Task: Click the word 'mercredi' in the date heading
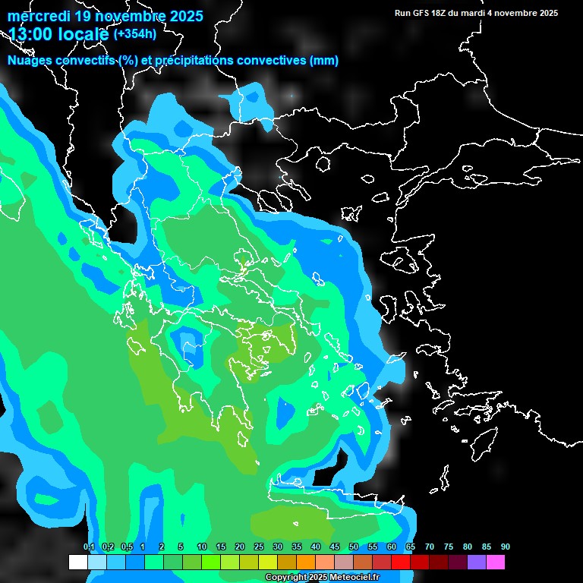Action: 37,16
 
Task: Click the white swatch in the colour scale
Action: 77,563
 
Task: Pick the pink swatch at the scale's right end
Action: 496,563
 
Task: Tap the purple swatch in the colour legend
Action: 477,563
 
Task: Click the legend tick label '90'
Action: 506,547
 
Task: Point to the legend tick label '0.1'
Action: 89,547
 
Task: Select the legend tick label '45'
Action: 335,547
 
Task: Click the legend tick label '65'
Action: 411,547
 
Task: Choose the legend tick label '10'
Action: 202,547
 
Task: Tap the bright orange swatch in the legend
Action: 306,563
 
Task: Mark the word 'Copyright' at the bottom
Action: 286,578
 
